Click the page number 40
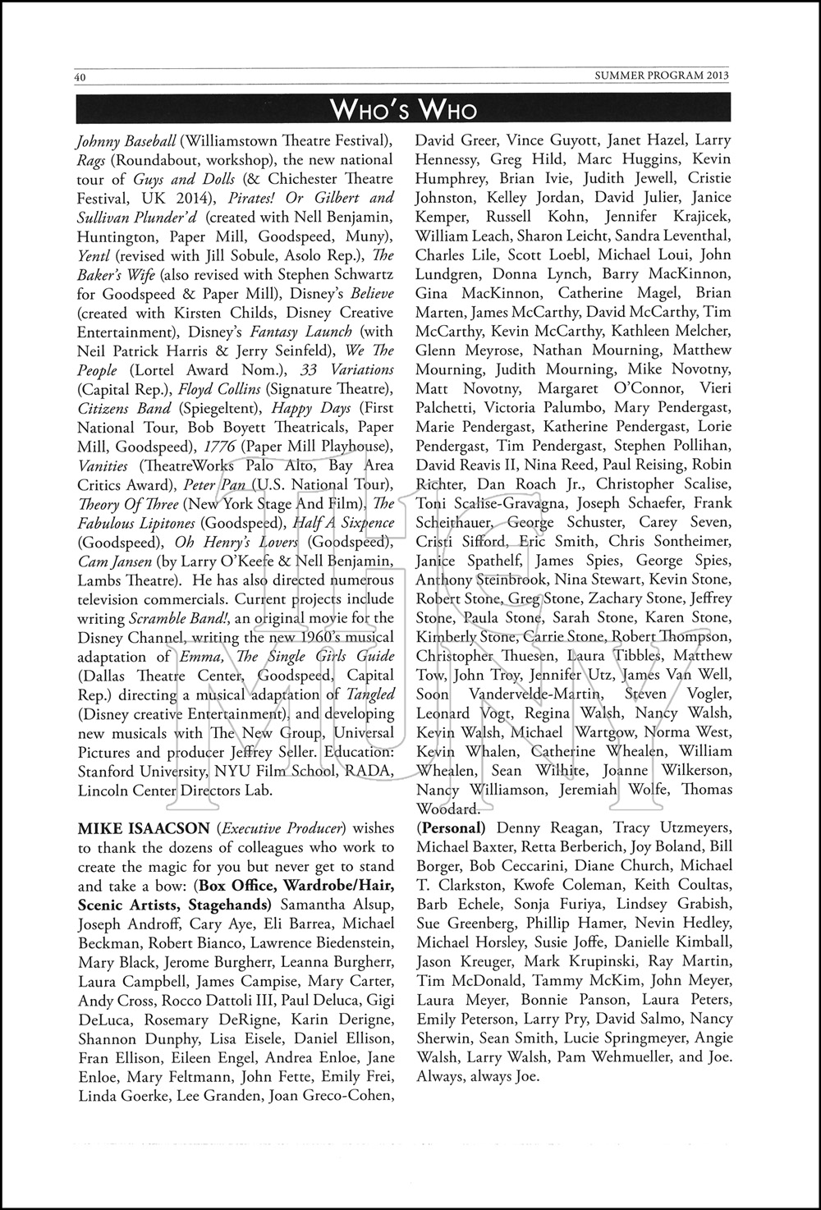click(x=80, y=77)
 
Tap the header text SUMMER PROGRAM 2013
click(x=662, y=76)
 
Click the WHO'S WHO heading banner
click(x=402, y=109)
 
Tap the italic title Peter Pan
click(x=210, y=484)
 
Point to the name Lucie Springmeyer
click(x=626, y=1038)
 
